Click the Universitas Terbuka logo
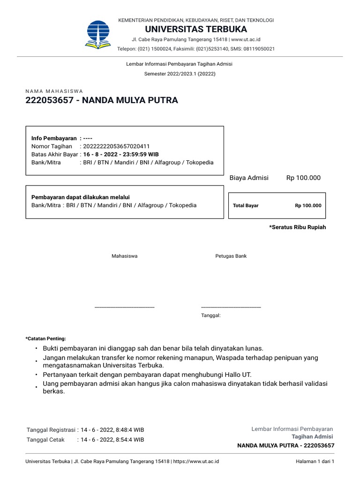[x=98, y=34]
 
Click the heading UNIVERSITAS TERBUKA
[x=196, y=29]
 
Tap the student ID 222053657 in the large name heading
[x=50, y=100]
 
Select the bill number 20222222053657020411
[x=116, y=146]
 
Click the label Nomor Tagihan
[x=52, y=146]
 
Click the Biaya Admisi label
[x=249, y=178]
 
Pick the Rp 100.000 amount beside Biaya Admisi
[x=303, y=178]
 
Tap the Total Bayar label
[x=246, y=205]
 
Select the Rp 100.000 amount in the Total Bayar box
[x=308, y=205]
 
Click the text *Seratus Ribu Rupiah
[x=297, y=227]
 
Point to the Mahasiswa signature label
[x=125, y=256]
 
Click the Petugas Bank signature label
[x=231, y=256]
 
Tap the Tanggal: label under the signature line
[x=210, y=315]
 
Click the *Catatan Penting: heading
[x=46, y=338]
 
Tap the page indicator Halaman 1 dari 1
[x=315, y=461]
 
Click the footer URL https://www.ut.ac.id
[x=196, y=461]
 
